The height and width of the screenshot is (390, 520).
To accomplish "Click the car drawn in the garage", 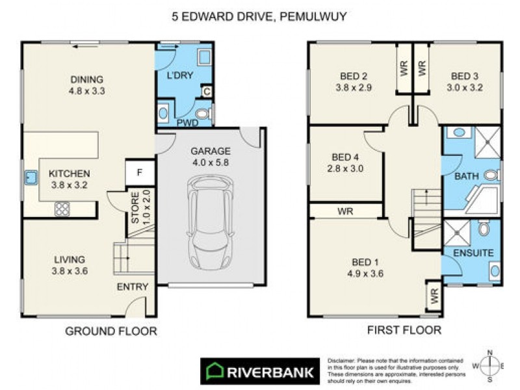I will pyautogui.click(x=212, y=224).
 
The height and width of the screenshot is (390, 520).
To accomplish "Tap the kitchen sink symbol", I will pyautogui.click(x=30, y=177).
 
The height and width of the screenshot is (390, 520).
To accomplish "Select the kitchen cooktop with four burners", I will pyautogui.click(x=62, y=209).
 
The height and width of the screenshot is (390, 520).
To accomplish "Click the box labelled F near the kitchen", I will pyautogui.click(x=139, y=172).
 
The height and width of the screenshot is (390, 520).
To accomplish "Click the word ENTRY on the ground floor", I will pyautogui.click(x=133, y=287).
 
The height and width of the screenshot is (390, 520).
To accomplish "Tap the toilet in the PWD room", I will pyautogui.click(x=203, y=116).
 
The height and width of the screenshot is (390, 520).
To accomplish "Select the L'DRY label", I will pyautogui.click(x=181, y=75).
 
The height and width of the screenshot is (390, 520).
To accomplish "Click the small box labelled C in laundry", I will pyautogui.click(x=207, y=92).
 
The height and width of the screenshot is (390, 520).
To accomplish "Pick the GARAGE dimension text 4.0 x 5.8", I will pyautogui.click(x=210, y=162).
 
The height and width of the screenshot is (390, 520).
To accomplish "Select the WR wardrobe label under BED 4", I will pyautogui.click(x=344, y=211).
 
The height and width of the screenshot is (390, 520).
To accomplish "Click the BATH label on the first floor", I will pyautogui.click(x=465, y=176).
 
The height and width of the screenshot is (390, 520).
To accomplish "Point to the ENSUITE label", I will pyautogui.click(x=474, y=252).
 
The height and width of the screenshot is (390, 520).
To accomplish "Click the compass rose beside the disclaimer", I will pyautogui.click(x=491, y=365).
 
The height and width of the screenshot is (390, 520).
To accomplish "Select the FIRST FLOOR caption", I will pyautogui.click(x=404, y=330).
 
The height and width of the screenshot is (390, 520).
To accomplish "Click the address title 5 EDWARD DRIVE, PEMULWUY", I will pyautogui.click(x=260, y=16).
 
